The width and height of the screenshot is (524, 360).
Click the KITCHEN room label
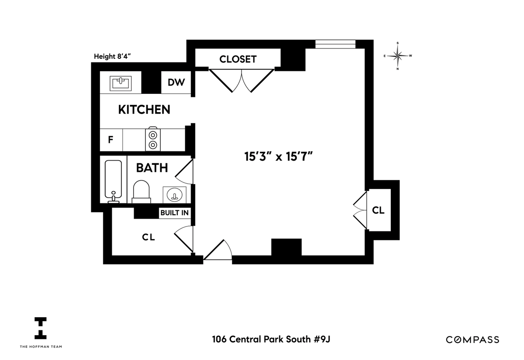pos(144,110)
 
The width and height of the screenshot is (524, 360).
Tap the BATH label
pos(152,168)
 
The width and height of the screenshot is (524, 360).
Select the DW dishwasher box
pos(176,82)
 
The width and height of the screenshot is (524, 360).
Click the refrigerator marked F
pos(111,140)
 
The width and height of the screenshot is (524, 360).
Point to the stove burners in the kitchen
pos(153,140)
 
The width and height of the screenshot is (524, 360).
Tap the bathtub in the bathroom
pos(113,181)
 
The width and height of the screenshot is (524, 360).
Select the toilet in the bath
pos(141,192)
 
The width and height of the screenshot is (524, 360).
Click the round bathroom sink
pos(175,195)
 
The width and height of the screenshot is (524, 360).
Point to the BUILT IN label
pos(175,213)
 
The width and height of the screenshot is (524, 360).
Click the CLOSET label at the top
pos(238,59)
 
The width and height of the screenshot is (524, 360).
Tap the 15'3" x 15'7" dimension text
pos(279,156)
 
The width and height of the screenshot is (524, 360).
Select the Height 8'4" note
pos(112,56)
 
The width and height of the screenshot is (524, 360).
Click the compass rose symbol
pos(398,56)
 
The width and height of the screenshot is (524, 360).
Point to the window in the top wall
pos(335,44)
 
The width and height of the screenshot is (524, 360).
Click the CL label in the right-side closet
pos(378,210)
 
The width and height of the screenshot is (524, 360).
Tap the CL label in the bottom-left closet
pos(148,237)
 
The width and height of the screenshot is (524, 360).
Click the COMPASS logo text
pos(472,339)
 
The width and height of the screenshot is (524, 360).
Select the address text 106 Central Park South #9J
pos(271,339)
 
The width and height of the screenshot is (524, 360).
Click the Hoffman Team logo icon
pos(41,328)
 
